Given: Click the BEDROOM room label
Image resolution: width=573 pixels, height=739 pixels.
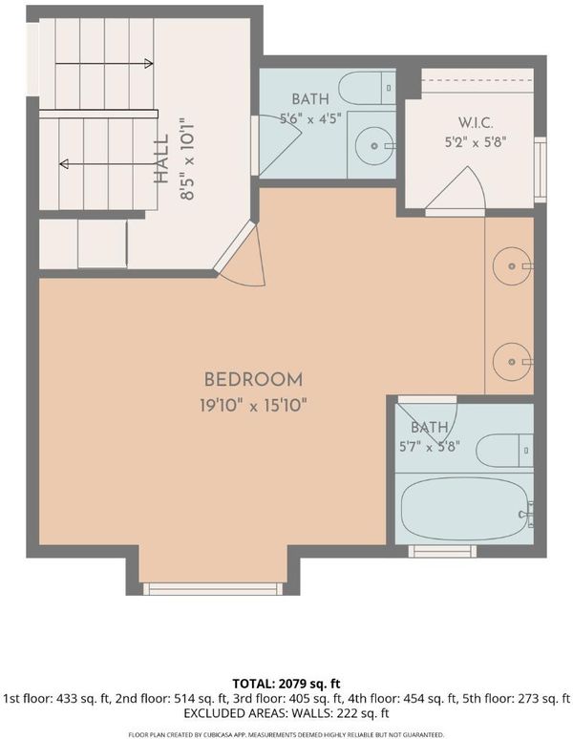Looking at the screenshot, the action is point(253,379).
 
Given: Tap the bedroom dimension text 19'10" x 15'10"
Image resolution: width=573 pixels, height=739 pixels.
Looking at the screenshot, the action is point(253,406).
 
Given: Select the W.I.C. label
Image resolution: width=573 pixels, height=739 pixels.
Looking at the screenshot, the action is point(476,123).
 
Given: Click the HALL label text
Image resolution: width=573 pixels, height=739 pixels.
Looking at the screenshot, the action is point(161,159).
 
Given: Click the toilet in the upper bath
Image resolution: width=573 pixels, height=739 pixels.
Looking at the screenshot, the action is point(367,88).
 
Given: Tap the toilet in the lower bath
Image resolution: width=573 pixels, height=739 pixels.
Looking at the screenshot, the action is point(504,451).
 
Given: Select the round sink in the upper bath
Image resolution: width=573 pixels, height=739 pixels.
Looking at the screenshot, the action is point(374,146).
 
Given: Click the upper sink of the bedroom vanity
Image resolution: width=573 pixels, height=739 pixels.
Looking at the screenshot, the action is point(512,266).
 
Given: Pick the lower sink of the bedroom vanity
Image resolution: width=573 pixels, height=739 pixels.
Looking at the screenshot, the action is point(512,362).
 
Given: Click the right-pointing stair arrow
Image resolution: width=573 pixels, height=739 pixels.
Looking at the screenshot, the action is point(104,63).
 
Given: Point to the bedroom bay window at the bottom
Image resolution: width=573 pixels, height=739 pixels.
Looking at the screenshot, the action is point(213,589).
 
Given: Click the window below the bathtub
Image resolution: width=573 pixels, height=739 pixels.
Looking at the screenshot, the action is point(442,552).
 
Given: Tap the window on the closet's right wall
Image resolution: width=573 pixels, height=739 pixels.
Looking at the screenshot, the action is point(540,170).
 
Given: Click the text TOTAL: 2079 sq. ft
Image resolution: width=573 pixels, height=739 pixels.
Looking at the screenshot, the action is point(286,684).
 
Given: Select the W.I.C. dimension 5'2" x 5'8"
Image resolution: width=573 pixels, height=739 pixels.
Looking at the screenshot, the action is point(476,142).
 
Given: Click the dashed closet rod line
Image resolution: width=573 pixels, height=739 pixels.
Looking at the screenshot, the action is point(477,80).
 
